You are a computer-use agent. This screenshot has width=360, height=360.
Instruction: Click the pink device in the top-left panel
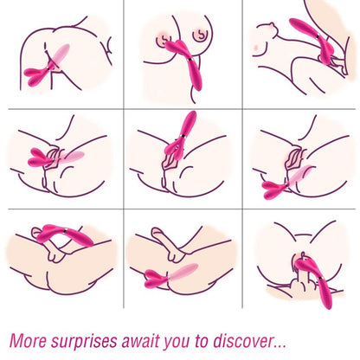tap(43, 73)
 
